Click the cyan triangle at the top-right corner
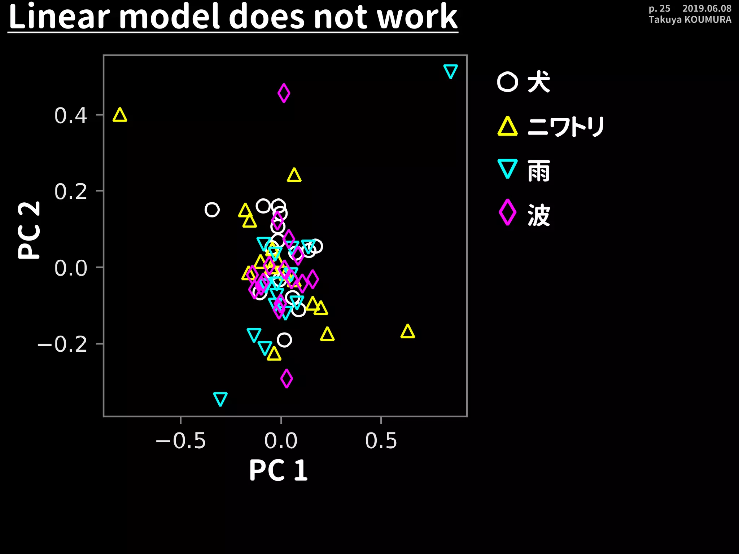click(450, 71)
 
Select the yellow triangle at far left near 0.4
click(120, 116)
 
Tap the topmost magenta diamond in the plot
click(284, 93)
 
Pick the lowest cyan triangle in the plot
click(220, 399)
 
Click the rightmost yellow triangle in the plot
click(407, 332)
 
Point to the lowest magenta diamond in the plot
click(287, 378)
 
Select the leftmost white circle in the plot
click(212, 210)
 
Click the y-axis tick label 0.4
click(71, 116)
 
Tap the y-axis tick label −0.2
click(62, 344)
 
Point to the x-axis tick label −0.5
click(181, 441)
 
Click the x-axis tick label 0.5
click(381, 441)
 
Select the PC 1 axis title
click(278, 470)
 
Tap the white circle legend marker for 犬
click(507, 82)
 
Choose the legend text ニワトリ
click(566, 127)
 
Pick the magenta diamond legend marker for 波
click(507, 212)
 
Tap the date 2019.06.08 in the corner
click(707, 8)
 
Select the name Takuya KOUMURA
click(690, 19)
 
